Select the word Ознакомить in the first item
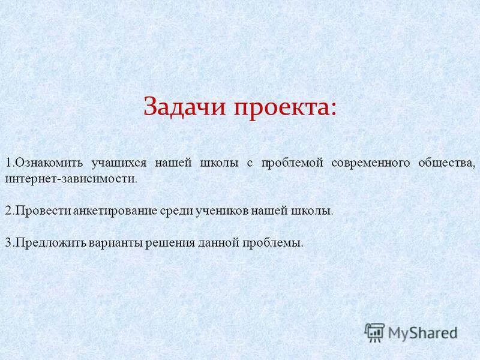pyautogui.click(x=50, y=163)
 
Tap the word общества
pyautogui.click(x=446, y=163)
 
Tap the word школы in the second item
pyautogui.click(x=310, y=211)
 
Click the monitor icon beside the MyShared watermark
pyautogui.click(x=374, y=332)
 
